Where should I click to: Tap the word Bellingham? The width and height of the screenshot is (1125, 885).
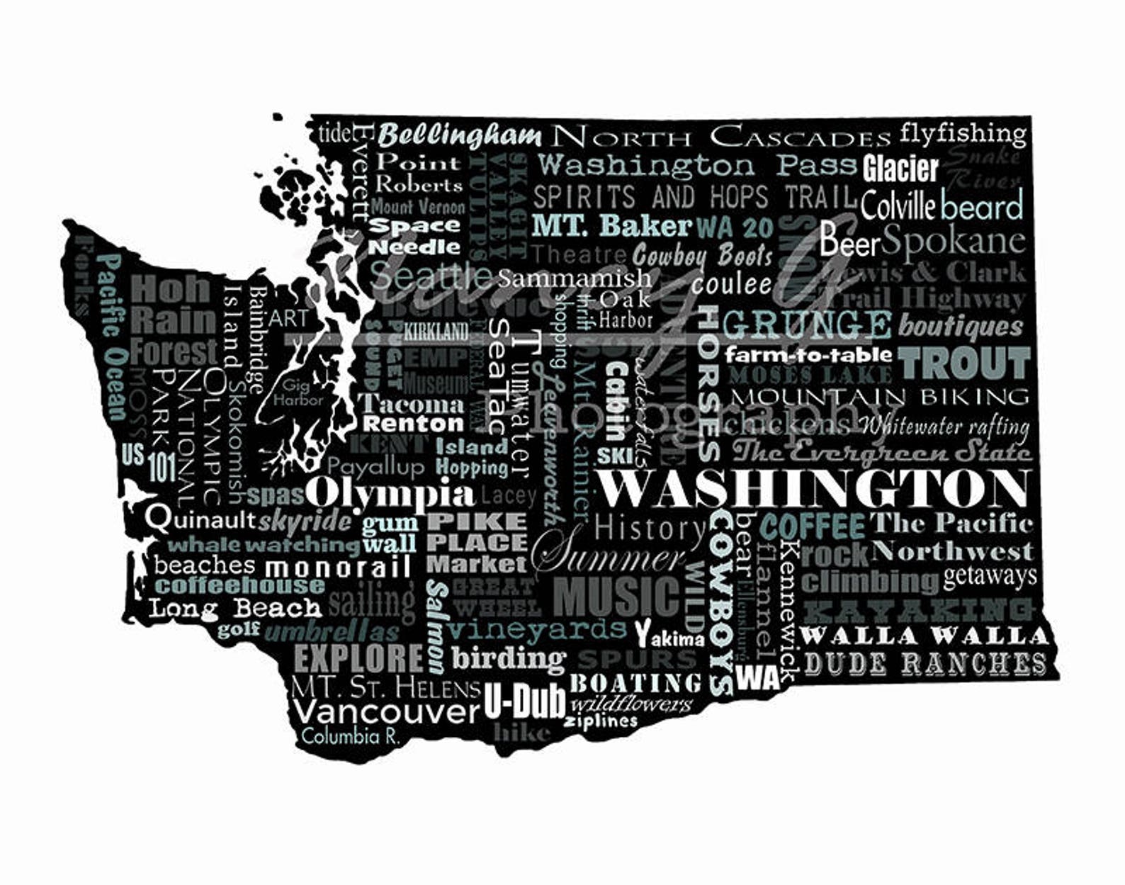coord(460,135)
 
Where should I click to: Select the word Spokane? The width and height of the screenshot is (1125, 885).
coord(954,241)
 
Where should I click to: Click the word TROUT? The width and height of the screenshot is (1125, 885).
coord(964,363)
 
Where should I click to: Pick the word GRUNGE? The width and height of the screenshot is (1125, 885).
coord(807,325)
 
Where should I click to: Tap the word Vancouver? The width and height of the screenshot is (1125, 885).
coord(386,711)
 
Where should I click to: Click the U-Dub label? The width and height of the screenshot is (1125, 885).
coord(525,701)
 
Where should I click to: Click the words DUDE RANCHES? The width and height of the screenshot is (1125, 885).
coord(925,664)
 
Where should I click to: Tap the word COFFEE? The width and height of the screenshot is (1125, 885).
coord(813,526)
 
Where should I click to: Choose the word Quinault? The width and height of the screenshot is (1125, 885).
coord(200,519)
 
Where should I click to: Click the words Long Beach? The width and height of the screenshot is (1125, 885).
coord(235,608)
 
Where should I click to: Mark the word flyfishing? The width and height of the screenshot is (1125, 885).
coord(963,133)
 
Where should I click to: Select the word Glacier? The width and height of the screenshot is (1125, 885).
coord(900,169)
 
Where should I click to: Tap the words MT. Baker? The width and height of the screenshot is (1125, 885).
coord(611,225)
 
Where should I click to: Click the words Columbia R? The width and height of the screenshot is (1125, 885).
coord(351,735)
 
